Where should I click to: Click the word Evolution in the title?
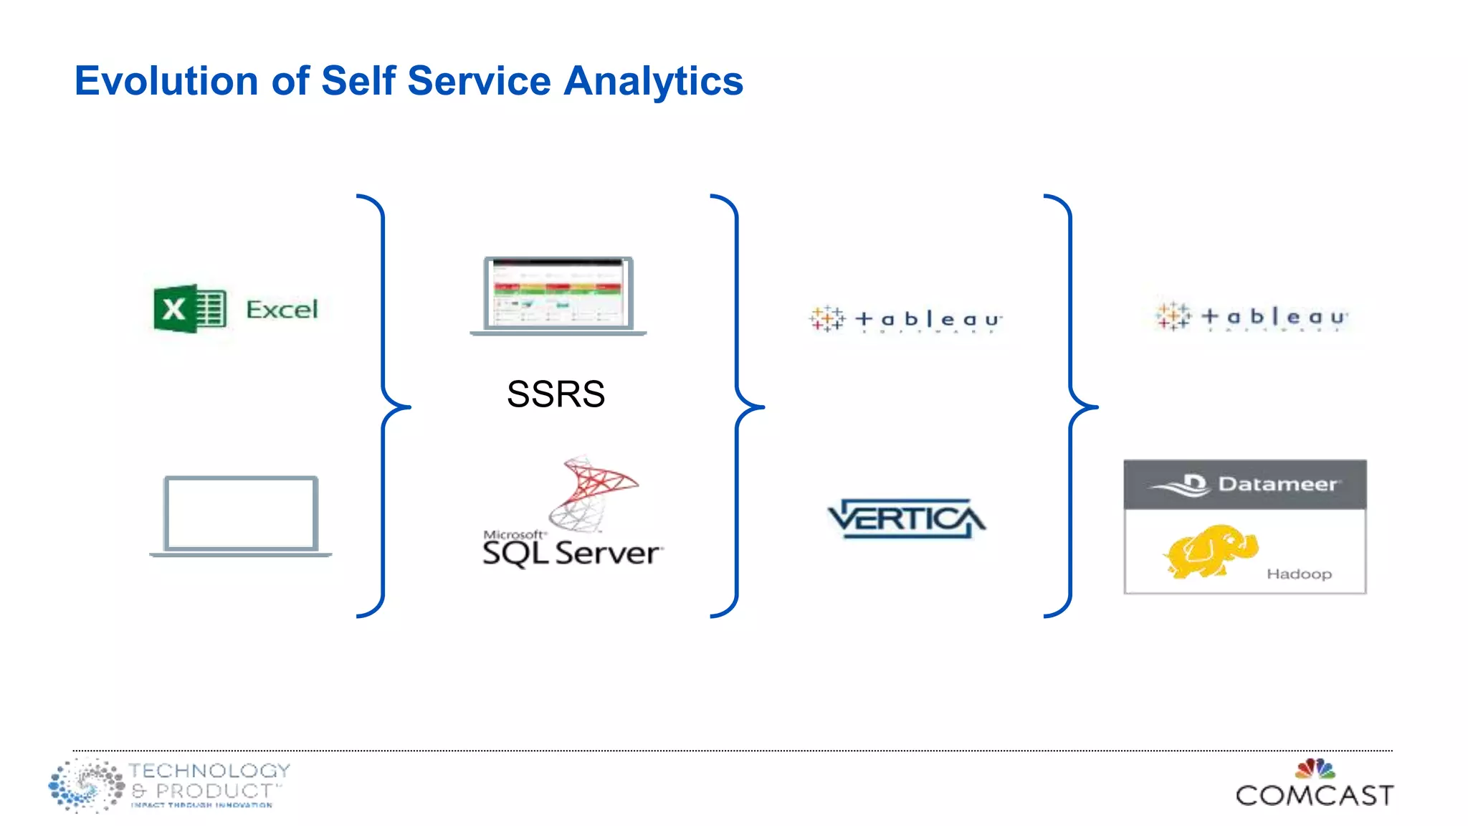(166, 80)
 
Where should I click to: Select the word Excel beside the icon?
(282, 310)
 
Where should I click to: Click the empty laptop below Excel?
(241, 515)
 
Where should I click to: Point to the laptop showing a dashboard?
(558, 295)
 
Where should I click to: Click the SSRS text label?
(556, 394)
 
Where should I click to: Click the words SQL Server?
(571, 554)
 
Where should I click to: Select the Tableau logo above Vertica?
(905, 319)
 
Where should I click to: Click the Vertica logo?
(907, 518)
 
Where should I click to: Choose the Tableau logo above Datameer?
(1252, 316)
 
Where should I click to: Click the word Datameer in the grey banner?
(1277, 484)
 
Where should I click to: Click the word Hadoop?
(1299, 574)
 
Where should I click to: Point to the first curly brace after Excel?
(384, 406)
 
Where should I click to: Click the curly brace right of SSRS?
(738, 406)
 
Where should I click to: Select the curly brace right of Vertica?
(1071, 406)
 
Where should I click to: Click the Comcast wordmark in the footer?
(1315, 795)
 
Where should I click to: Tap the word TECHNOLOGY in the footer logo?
(209, 771)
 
